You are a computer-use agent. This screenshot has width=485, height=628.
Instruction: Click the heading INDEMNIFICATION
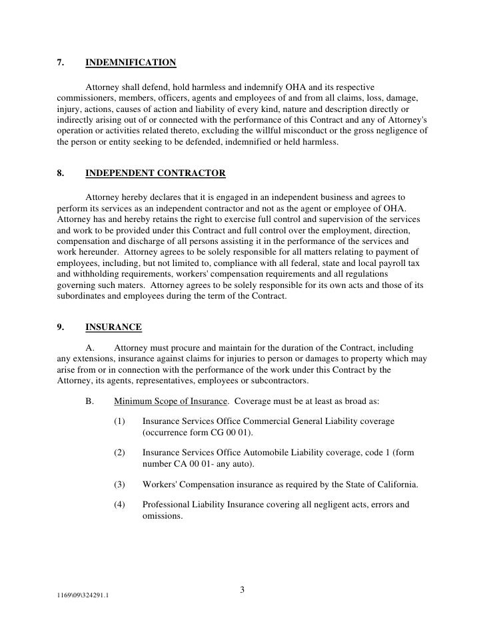pos(131,63)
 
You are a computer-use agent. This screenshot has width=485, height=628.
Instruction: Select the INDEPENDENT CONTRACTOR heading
pos(155,173)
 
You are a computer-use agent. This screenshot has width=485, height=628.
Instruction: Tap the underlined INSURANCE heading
pos(113,327)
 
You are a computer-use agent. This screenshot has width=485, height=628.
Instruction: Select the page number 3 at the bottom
pos(242,589)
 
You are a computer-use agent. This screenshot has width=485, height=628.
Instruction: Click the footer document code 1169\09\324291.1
pos(83,595)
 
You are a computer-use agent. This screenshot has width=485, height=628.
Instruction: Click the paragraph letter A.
pos(91,348)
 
